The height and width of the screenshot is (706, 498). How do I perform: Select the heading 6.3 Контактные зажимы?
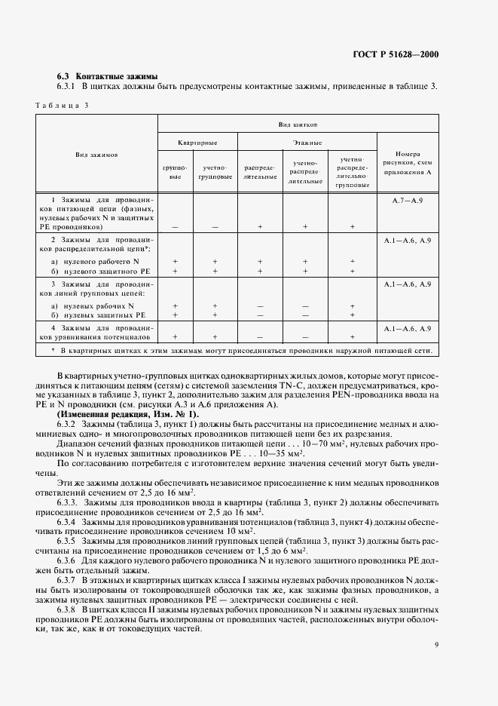click(x=107, y=76)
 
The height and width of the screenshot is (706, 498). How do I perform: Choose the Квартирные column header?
click(x=197, y=142)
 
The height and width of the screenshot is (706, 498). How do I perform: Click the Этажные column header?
click(x=307, y=142)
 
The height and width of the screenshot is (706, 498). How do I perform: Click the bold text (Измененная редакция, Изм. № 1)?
click(x=128, y=414)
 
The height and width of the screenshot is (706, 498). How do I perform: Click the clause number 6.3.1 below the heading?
click(x=69, y=87)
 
